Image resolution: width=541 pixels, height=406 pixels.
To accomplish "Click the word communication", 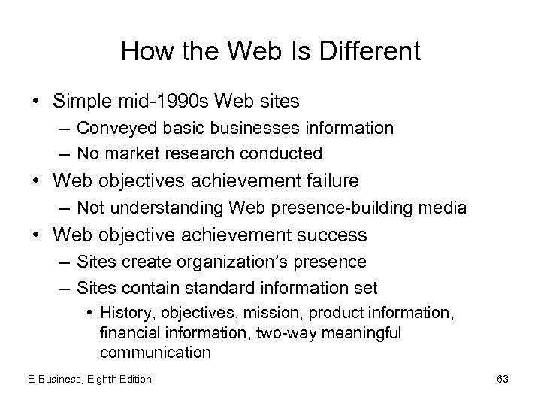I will click(x=155, y=352).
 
